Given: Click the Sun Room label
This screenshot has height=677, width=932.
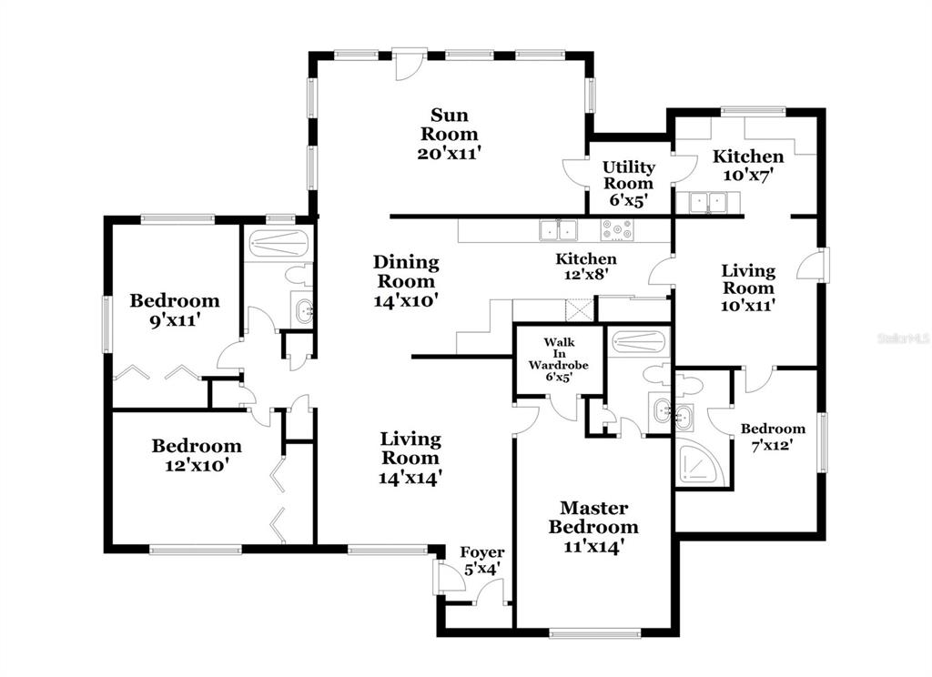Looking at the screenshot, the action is tap(449, 125).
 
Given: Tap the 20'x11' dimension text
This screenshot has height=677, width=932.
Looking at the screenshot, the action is tap(449, 154).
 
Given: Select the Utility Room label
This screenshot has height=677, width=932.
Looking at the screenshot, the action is tap(628, 175).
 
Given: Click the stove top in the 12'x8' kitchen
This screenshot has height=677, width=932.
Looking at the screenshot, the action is tap(617, 230).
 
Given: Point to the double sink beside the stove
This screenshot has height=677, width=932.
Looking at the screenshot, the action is tap(559, 230).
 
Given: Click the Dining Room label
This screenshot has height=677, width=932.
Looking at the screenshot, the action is tap(406, 271).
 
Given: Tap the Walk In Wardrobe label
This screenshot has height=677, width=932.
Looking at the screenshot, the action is tap(558, 353).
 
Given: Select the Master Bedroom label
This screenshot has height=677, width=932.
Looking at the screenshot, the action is tap(593, 517).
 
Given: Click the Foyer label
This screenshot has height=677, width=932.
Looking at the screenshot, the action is tap(482, 552).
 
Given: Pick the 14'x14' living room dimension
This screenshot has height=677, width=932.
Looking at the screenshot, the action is tap(410, 478).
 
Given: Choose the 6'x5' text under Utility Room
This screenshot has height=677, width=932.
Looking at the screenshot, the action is tap(628, 200).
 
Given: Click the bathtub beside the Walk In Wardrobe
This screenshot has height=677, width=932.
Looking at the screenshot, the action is tap(639, 342).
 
